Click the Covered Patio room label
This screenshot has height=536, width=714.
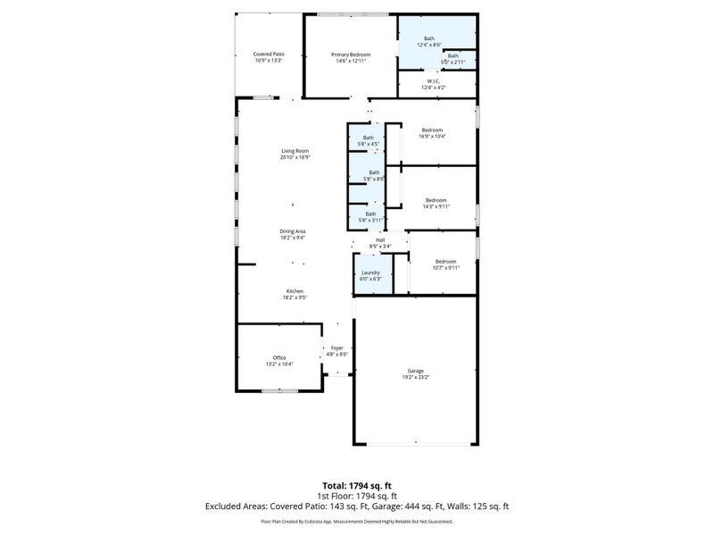point(269,54)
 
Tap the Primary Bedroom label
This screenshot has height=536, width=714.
point(353,54)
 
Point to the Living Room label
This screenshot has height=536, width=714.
point(295,151)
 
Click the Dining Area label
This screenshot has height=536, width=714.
point(293,231)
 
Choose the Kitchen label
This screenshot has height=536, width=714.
point(295,291)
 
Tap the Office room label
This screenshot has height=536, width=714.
point(279,357)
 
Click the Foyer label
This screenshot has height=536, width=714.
point(336,348)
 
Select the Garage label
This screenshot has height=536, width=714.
point(416,370)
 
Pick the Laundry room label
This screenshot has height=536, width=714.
point(370,272)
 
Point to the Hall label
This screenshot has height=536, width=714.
point(379,239)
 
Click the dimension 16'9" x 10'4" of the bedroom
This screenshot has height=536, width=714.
point(433,136)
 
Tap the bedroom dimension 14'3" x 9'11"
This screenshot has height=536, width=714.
point(436,206)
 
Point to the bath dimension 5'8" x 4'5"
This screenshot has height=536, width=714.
point(369,144)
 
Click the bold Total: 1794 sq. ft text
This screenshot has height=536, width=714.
point(357,485)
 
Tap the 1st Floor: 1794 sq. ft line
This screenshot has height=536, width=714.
point(357,496)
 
